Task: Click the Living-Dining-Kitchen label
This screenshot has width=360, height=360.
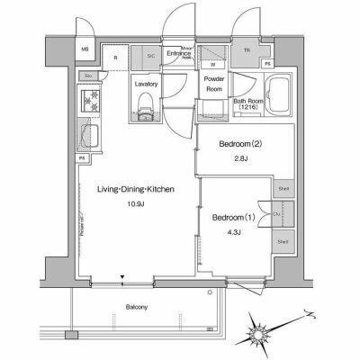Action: (136, 189)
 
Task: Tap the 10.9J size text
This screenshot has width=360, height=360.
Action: (136, 204)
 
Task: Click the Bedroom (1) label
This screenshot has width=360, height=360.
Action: (234, 219)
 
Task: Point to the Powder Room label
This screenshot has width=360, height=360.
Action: (213, 84)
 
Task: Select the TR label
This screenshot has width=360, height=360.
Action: (247, 49)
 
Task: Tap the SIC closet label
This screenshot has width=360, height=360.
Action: (150, 57)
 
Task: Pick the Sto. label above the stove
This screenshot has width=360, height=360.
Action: (88, 77)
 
